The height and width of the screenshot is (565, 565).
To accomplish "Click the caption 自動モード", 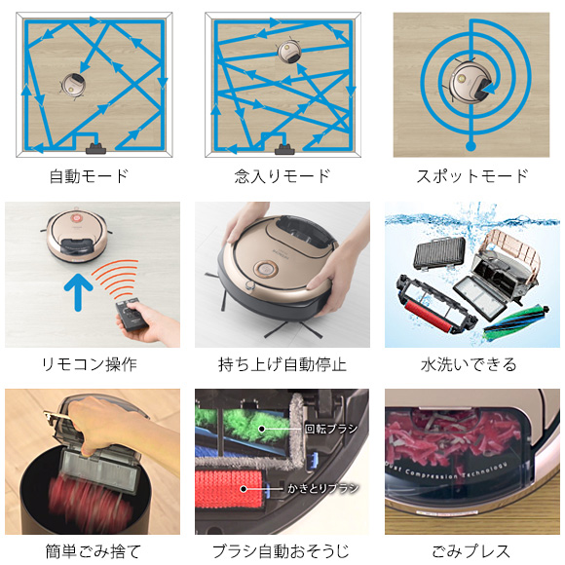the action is point(89,176).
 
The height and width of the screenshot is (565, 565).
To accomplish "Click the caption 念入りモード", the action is point(282,176).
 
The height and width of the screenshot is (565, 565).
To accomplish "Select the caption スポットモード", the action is point(472,176).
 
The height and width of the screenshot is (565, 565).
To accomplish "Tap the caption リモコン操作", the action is point(90,364).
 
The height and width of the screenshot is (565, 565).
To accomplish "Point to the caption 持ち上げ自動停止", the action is point(282,364).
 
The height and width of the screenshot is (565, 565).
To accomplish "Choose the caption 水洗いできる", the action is point(469,364).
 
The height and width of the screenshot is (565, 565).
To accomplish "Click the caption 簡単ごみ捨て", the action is point(93,551).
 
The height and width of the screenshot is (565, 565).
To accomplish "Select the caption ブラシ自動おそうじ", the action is point(282,551).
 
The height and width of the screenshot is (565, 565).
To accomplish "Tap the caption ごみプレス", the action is point(471,551).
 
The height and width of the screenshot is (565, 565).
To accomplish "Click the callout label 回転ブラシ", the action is point(331,429).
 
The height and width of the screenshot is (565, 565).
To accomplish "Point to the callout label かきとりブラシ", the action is point(322,488).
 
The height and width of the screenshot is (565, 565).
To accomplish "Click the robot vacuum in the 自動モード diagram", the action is point(73,86).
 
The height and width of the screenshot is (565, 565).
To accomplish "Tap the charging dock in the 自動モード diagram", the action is point(96,148).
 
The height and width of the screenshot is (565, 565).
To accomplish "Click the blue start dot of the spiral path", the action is point(471,146).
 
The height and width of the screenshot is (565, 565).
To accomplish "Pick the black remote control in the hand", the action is point(132,314).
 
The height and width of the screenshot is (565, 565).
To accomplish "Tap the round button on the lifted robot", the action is point(266,270).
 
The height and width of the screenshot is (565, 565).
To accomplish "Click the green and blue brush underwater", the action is point(516,322).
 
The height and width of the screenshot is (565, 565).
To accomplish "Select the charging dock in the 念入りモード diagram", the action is point(284,148).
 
